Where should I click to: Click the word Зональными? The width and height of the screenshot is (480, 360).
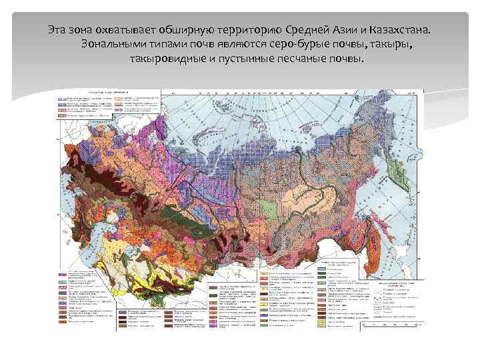pyautogui.click(x=111, y=45)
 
